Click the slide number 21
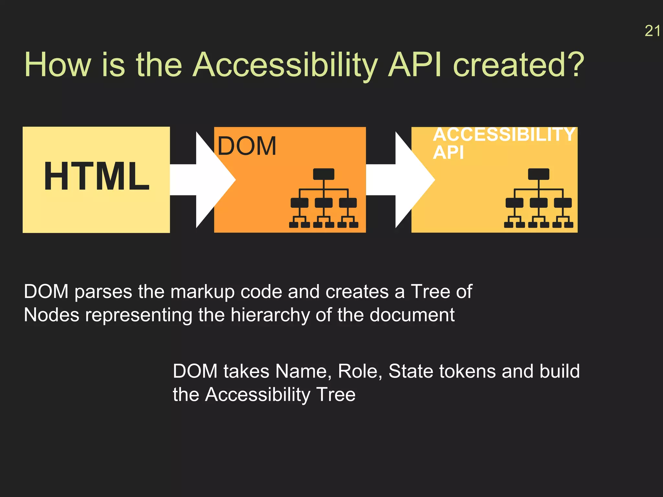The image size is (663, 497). coord(652,31)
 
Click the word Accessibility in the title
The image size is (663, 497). coord(285,65)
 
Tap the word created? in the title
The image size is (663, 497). coord(518,65)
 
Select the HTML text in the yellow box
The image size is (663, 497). coord(96,177)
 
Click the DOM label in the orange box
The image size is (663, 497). coord(247,146)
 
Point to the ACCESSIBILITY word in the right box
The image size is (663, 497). coord(504,135)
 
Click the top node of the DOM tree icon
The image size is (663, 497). coord(323,174)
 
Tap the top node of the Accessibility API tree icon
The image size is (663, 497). coord(538,174)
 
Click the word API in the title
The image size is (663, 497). coord(414,65)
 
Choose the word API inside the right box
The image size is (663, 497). coord(448,153)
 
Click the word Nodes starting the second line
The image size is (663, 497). coord(51,315)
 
